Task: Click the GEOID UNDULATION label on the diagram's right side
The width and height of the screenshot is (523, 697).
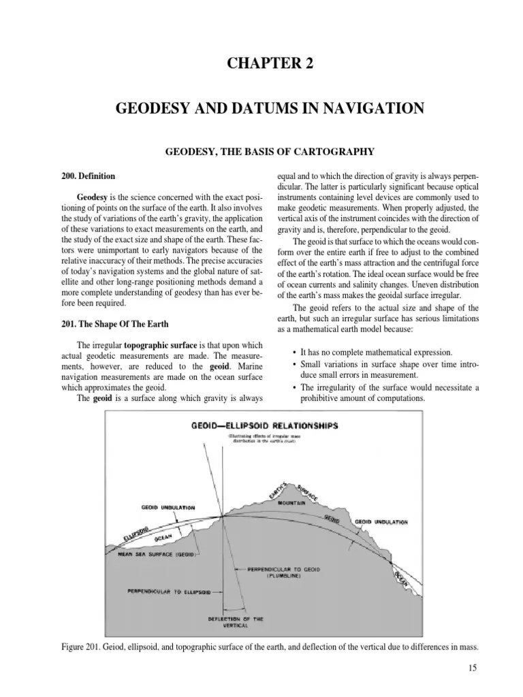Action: (381, 522)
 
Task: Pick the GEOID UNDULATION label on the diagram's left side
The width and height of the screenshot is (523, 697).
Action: (168, 507)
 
